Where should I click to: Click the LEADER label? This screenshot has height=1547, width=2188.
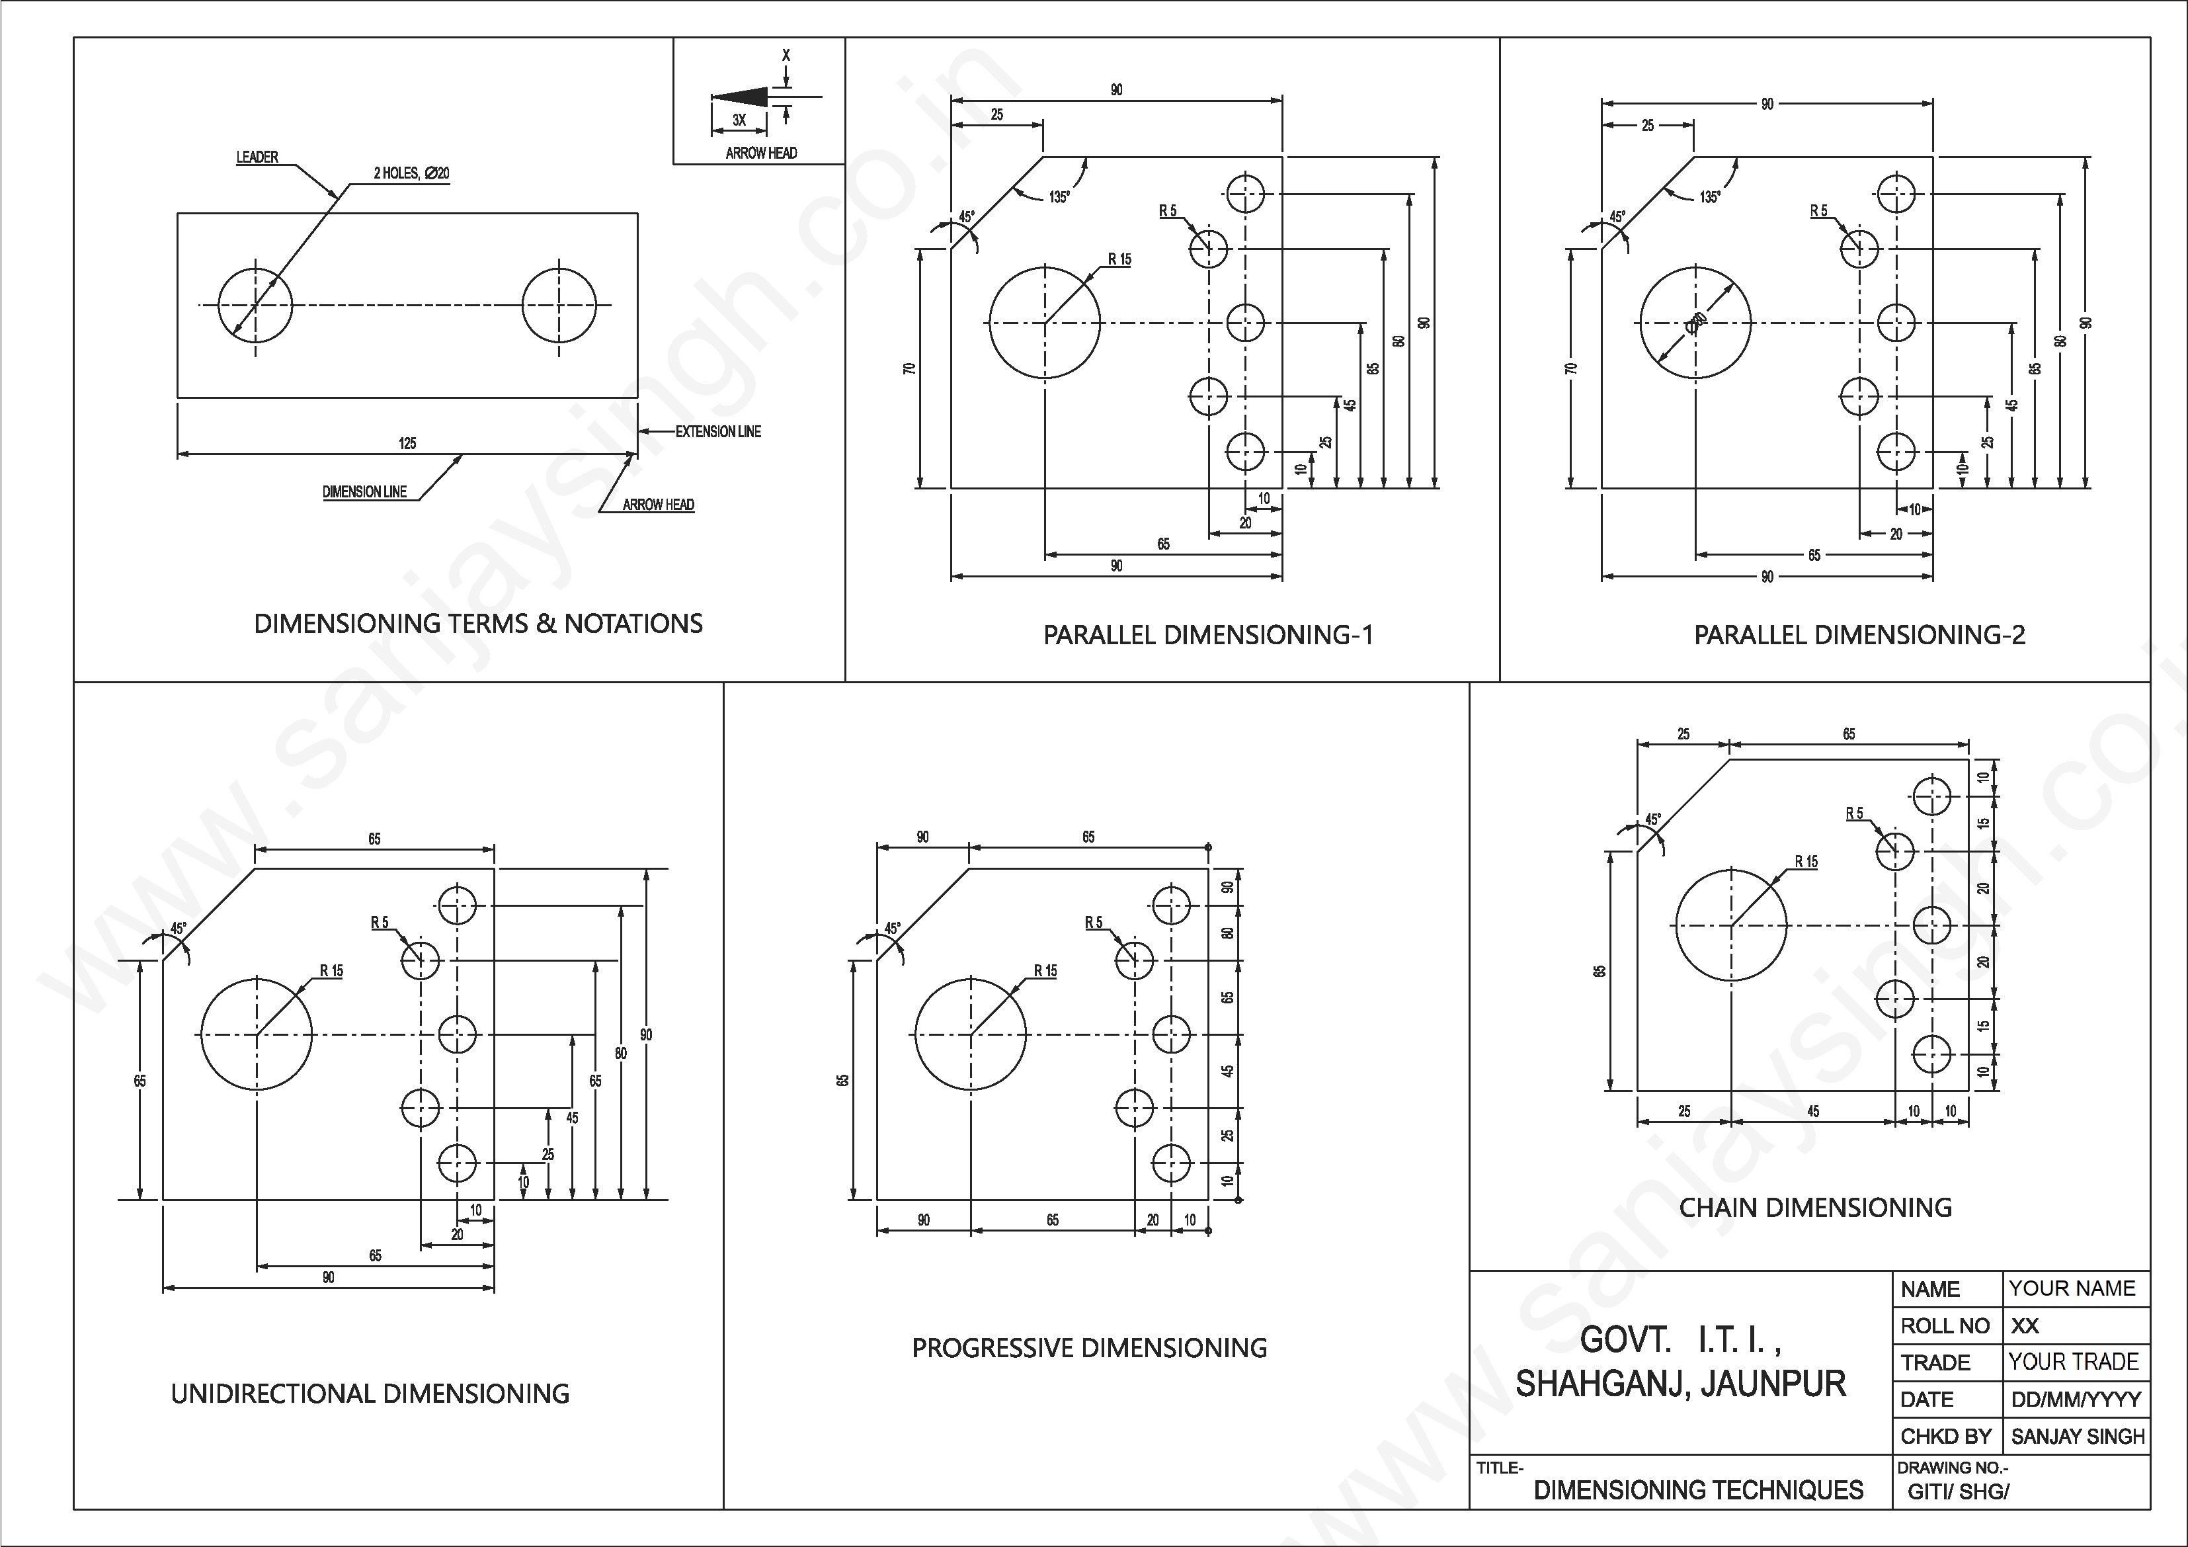pos(257,157)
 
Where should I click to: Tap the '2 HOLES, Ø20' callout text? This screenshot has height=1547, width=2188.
pos(411,173)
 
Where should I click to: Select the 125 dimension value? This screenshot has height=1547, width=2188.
pos(407,443)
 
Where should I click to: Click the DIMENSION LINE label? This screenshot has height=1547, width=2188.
pos(364,492)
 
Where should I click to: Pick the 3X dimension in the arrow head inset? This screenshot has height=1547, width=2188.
pos(739,120)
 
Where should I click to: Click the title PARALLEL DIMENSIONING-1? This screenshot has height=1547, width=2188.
pos(1207,635)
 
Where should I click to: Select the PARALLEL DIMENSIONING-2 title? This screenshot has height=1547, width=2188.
pos(1859,635)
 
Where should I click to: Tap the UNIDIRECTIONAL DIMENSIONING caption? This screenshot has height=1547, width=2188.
pos(370,1394)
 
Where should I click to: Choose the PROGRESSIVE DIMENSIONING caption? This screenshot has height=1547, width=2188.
pos(1089,1348)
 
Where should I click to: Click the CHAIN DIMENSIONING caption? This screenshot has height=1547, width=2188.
pos(1814,1208)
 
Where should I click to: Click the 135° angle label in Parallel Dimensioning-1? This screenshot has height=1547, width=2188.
pos(1059,197)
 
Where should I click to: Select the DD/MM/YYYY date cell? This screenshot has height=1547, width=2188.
pos(2076,1400)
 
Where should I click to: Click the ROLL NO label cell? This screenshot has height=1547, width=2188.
pos(1944,1326)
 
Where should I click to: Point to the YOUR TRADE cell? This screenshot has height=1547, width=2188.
pos(2074,1362)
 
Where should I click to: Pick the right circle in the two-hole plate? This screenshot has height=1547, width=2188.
pos(559,306)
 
